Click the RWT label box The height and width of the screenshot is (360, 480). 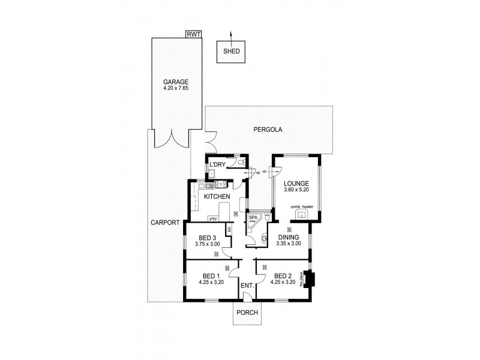coord(194,35)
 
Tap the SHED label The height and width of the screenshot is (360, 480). coord(232,52)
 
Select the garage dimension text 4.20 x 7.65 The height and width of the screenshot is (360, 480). coord(176,89)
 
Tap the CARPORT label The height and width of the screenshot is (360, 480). coord(166,223)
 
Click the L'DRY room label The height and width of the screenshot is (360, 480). coord(217,165)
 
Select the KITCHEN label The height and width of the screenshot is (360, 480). coord(217,197)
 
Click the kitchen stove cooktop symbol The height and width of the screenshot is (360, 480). coord(220,184)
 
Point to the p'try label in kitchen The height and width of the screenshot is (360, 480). coord(212,218)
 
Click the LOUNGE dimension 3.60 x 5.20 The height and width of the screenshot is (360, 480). coord(297,190)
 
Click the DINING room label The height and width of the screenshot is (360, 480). coord(288,237)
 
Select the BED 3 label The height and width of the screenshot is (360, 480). coord(207,238)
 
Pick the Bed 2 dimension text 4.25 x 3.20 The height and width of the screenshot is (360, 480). coord(283,282)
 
